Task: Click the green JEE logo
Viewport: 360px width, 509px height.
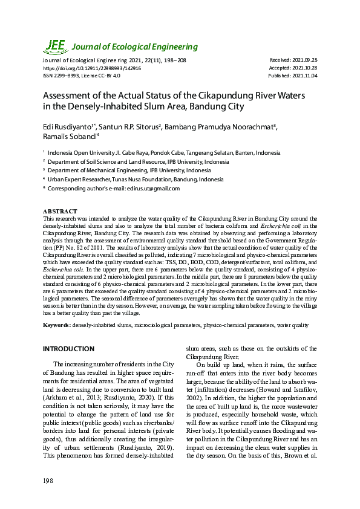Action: pos(55,45)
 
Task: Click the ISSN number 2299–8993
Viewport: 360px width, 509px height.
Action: pos(66,76)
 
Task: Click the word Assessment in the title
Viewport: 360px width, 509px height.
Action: pos(69,97)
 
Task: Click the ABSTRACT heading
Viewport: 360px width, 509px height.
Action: pos(59,211)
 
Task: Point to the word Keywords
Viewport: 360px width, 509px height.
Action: pos(56,326)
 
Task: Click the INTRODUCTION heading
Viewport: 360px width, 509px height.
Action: pos(68,349)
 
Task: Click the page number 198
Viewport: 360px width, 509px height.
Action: pos(48,481)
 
